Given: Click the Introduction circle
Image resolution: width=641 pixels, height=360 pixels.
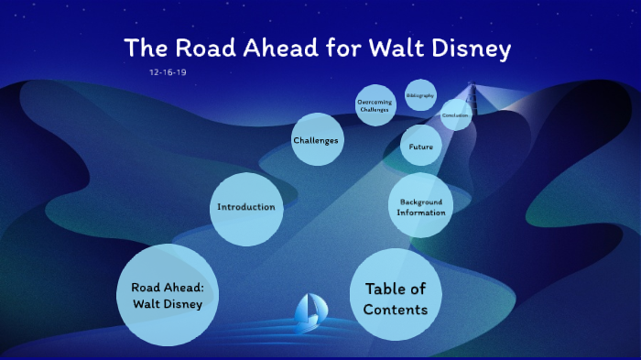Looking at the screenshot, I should [x=245, y=207].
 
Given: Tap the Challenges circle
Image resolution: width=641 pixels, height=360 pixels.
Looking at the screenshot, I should [x=316, y=140].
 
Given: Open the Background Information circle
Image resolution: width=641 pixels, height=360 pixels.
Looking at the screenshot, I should [x=420, y=207].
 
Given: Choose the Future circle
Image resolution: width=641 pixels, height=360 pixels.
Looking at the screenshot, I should [x=421, y=147].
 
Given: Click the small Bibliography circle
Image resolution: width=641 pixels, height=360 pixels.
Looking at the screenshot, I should [x=420, y=95].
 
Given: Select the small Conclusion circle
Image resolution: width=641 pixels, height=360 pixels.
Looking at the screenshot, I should [x=455, y=115].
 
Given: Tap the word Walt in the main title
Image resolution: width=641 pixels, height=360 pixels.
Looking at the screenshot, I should [x=395, y=48].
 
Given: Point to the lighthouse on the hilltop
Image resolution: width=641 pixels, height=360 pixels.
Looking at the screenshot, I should [x=473, y=93].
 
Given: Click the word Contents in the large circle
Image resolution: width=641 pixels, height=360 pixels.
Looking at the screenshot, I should [x=395, y=310].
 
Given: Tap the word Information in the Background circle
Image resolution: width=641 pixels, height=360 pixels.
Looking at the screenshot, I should [x=421, y=213].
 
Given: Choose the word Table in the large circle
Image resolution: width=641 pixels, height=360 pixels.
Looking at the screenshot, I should [x=386, y=289].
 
